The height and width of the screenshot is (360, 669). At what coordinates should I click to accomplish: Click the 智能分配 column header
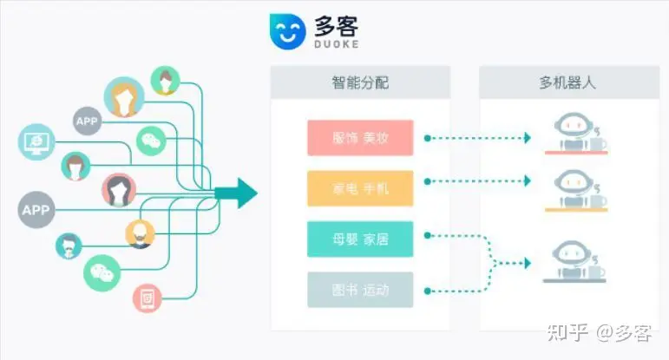tap(360, 83)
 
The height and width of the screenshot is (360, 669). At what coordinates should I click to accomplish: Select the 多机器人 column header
tap(567, 83)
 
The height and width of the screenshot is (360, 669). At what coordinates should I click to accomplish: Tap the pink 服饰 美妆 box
tap(360, 138)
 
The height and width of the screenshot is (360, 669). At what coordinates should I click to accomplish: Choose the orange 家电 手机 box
tap(360, 188)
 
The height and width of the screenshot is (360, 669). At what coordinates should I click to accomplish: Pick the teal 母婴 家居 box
tap(360, 239)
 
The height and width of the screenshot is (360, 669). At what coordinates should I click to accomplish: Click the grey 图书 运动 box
tap(360, 289)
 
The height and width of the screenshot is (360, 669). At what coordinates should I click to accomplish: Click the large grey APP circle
tap(36, 210)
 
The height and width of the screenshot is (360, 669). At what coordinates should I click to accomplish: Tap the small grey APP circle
tap(87, 121)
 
